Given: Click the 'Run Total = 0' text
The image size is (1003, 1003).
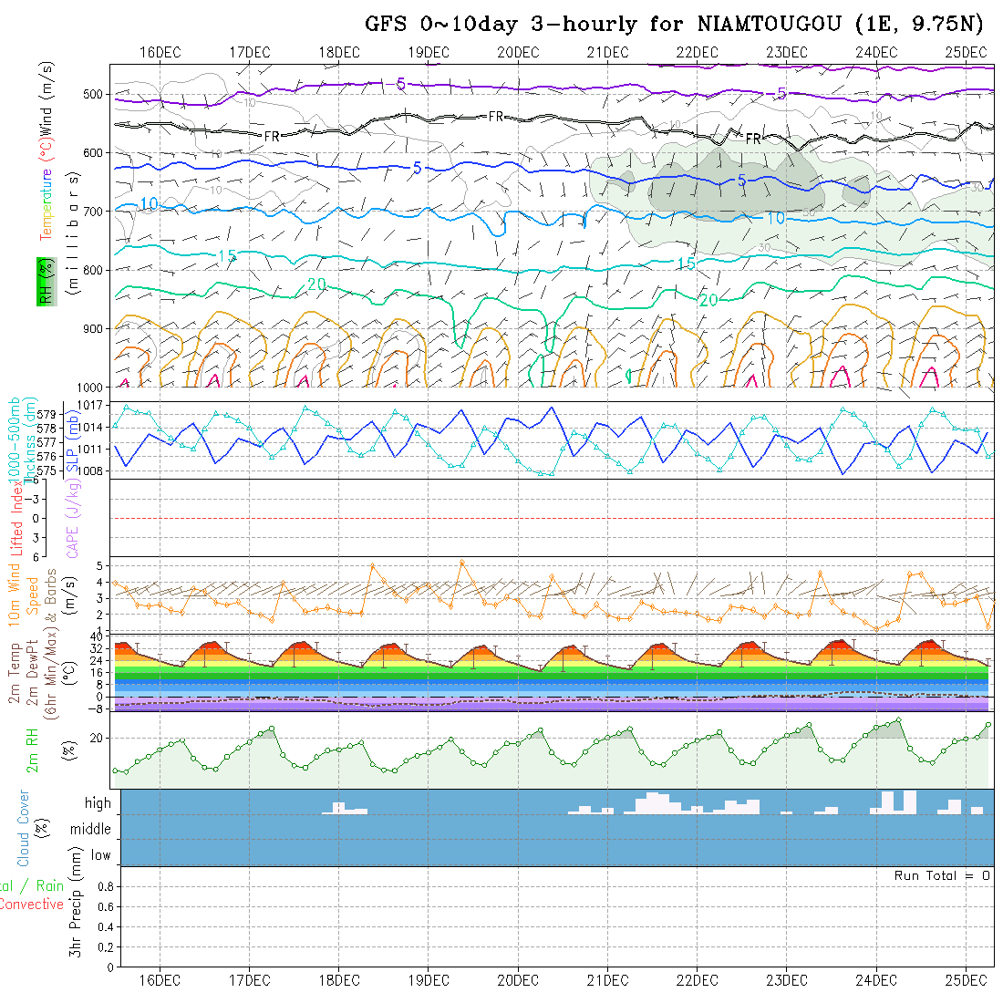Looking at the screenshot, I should pyautogui.click(x=942, y=875).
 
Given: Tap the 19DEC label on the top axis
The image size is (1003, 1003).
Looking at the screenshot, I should pyautogui.click(x=429, y=51).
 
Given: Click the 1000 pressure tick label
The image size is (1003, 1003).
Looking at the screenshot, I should pyautogui.click(x=91, y=388).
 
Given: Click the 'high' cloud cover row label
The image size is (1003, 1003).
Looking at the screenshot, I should pyautogui.click(x=98, y=803).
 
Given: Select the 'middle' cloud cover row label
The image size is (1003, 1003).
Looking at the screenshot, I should pyautogui.click(x=91, y=830).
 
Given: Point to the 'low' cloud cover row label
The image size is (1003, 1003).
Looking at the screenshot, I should pyautogui.click(x=100, y=855).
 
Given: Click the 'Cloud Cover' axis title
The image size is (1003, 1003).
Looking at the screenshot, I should pyautogui.click(x=24, y=828).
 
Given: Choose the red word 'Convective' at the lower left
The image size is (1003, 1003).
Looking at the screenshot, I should pyautogui.click(x=31, y=905).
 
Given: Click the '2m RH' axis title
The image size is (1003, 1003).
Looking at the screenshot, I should pyautogui.click(x=33, y=750).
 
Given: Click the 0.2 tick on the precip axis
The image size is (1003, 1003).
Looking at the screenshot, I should pyautogui.click(x=104, y=946).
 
